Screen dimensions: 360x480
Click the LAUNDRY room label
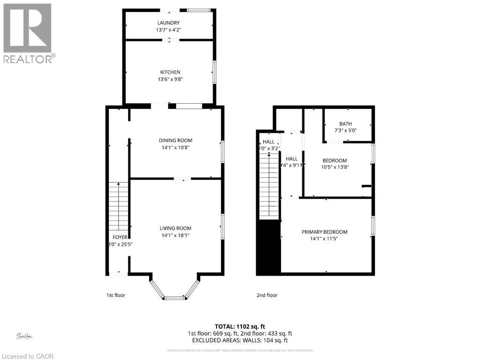(168, 22)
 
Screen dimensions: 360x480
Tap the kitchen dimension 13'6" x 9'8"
(170, 79)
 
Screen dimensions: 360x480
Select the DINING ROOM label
(176, 140)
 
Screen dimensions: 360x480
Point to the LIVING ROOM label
(175, 228)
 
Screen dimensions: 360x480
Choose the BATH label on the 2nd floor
(345, 124)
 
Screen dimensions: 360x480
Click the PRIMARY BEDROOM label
(324, 232)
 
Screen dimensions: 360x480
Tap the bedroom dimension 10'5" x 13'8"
(335, 166)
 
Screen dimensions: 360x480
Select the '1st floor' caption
(115, 295)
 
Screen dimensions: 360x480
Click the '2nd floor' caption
(267, 295)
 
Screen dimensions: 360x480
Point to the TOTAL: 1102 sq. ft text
(240, 326)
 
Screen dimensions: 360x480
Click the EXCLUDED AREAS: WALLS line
(240, 340)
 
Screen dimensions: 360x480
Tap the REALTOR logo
(28, 33)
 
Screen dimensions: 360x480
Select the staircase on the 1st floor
(118, 206)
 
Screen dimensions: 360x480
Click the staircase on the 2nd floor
(269, 187)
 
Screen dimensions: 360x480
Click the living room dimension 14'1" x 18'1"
(175, 235)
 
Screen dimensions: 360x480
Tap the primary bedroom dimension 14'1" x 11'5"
(324, 239)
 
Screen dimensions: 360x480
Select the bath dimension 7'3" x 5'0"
(345, 130)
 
